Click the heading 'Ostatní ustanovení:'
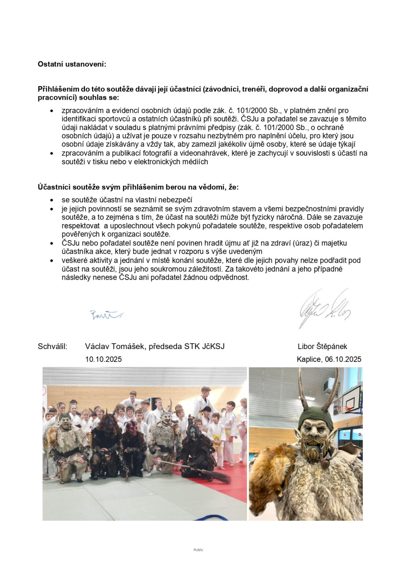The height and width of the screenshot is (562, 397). click(x=72, y=64)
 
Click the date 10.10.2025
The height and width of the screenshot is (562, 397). click(x=104, y=359)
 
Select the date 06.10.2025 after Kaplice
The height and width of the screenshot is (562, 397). click(x=343, y=359)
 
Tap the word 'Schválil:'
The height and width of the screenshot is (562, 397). click(x=53, y=346)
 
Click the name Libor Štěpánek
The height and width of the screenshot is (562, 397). click(x=322, y=346)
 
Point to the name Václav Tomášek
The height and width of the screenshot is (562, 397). click(x=115, y=346)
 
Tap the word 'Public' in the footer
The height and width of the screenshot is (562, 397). click(x=198, y=550)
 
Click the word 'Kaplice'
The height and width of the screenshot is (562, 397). click(x=308, y=359)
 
